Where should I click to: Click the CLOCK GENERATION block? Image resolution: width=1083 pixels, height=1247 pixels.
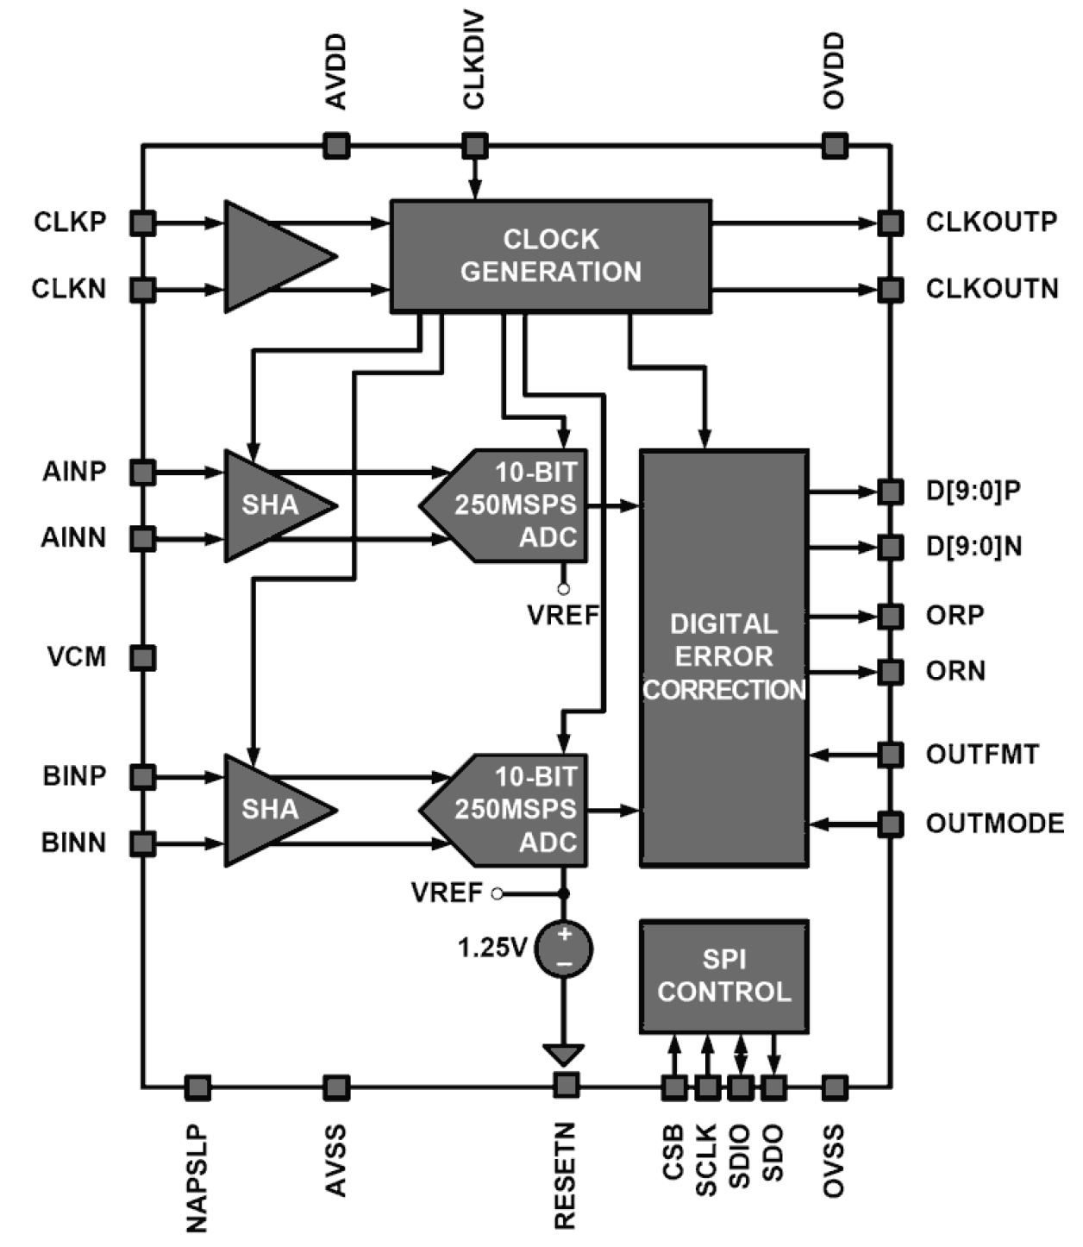(550, 256)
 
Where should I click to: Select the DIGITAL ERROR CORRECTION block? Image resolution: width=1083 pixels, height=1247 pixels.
(723, 657)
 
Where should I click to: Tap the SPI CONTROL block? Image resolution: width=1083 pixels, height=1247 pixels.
(723, 976)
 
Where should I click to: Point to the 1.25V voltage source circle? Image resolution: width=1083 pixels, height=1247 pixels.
(564, 949)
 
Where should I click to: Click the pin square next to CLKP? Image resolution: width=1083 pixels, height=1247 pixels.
(143, 223)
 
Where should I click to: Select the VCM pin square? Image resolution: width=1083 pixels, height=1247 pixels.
(143, 658)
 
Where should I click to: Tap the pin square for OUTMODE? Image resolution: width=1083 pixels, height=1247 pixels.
(890, 824)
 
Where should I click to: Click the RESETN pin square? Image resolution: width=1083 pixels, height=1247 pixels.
(566, 1085)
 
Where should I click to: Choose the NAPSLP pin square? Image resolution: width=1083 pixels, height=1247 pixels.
(197, 1087)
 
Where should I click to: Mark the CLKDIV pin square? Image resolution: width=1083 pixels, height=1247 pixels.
(474, 145)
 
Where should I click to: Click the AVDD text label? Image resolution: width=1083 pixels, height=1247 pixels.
(335, 72)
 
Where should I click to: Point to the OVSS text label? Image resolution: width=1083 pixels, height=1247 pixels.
(833, 1161)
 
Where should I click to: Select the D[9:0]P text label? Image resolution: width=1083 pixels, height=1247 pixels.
(973, 491)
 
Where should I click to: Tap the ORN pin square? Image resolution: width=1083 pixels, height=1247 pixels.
(890, 671)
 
